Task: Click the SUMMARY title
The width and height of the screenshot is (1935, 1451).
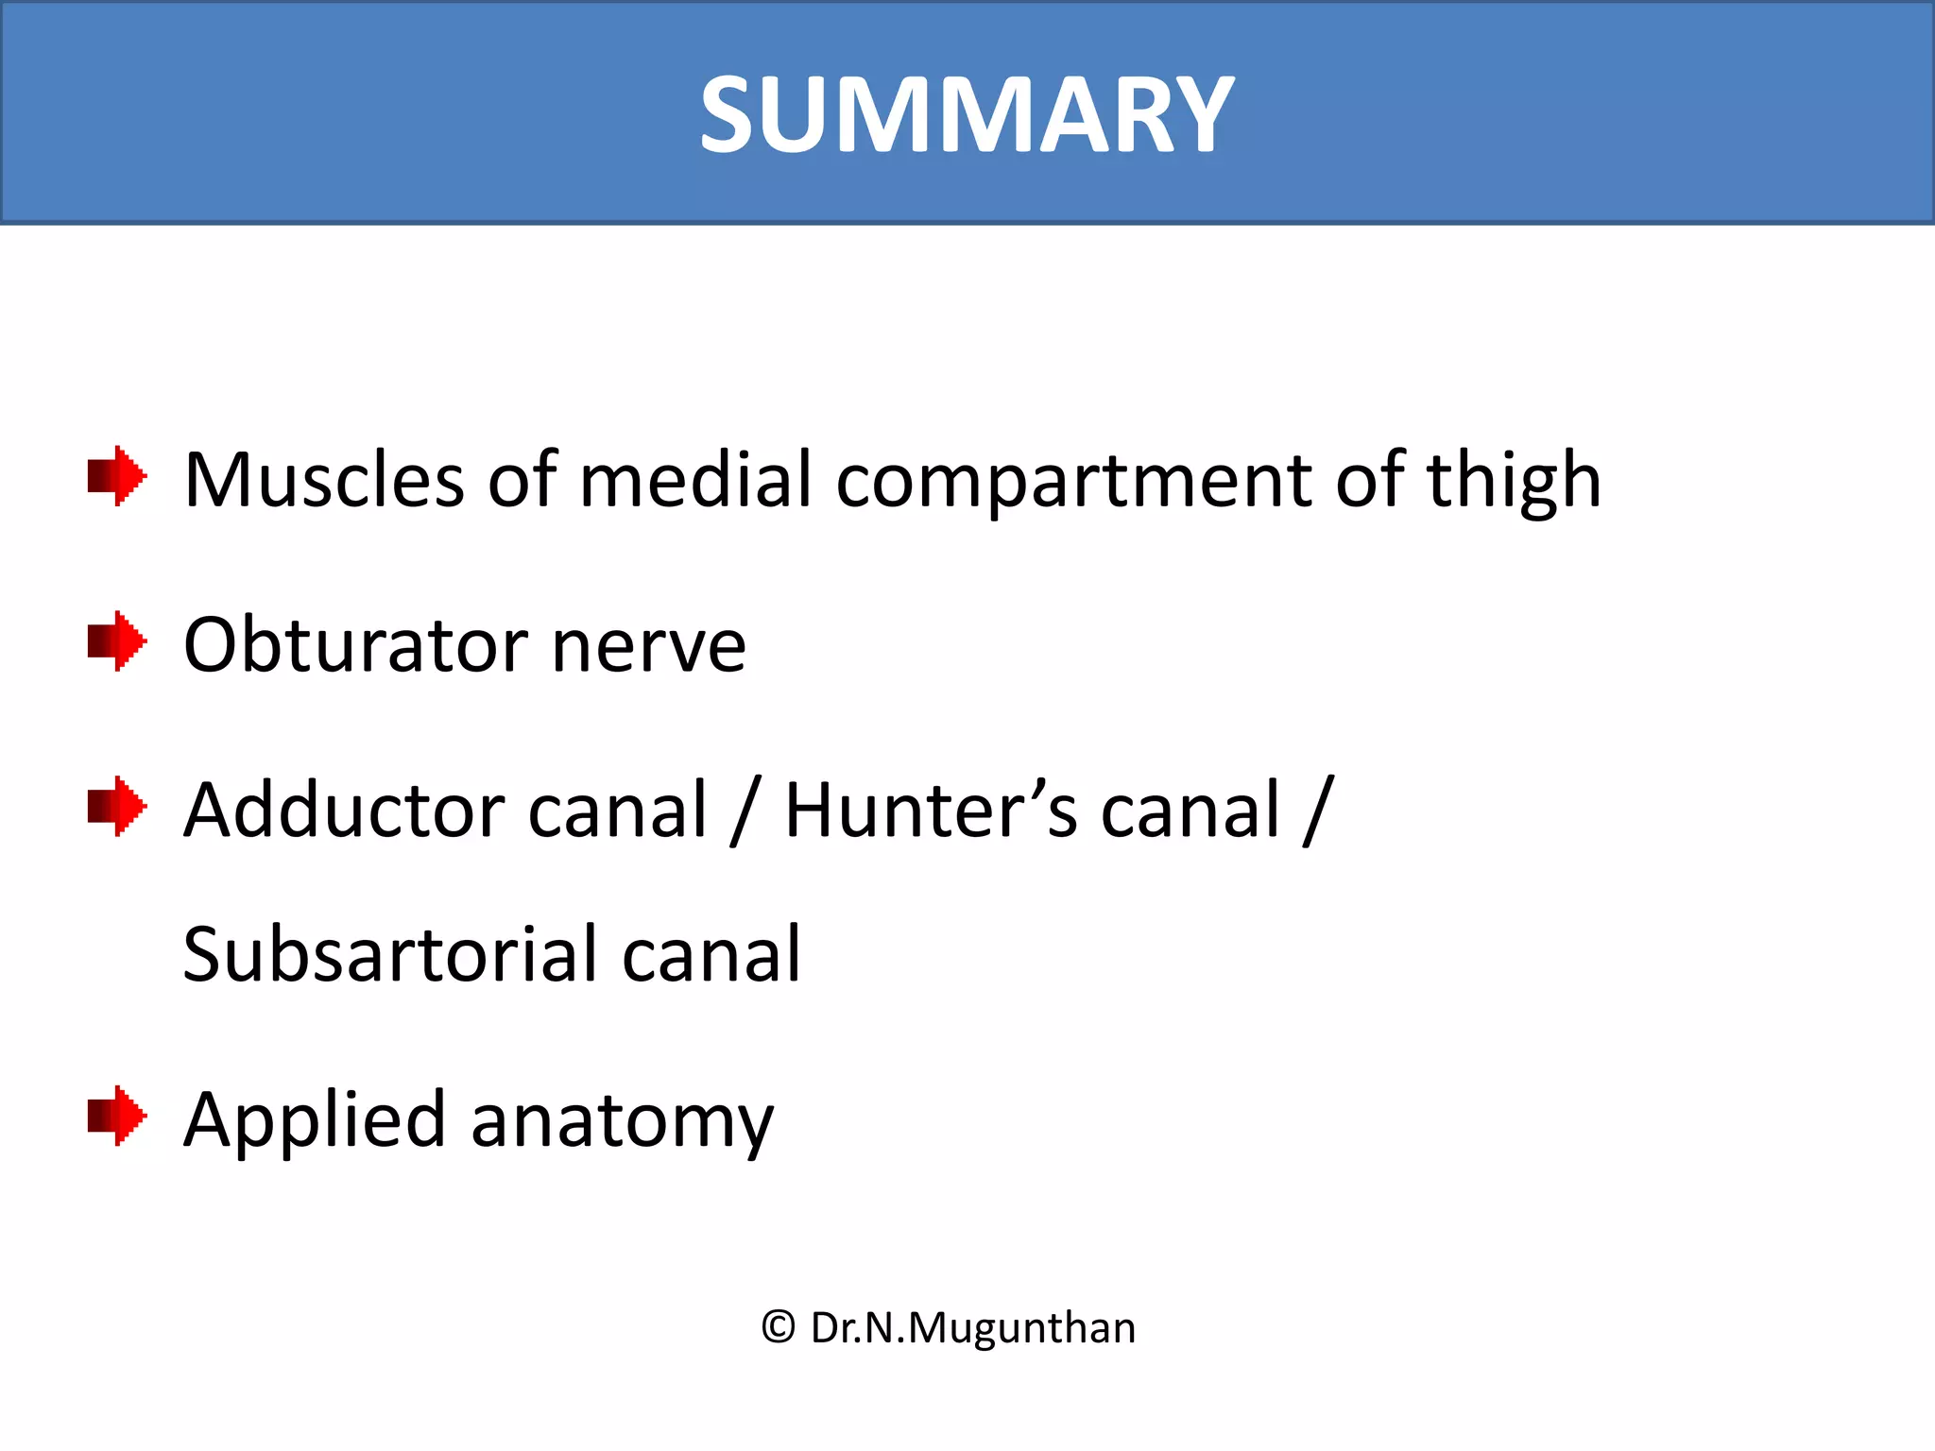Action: tap(967, 115)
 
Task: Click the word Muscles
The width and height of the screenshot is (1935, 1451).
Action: tap(324, 480)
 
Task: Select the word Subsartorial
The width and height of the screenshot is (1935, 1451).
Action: tap(389, 954)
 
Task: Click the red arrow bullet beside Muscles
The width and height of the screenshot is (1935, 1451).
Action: tap(116, 476)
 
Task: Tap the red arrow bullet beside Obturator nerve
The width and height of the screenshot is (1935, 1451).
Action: tap(116, 641)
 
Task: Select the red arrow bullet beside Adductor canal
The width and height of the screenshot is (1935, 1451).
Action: tap(116, 806)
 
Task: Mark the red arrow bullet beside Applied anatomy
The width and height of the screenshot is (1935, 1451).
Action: tap(116, 1116)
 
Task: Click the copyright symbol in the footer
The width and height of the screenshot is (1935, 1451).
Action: tap(779, 1327)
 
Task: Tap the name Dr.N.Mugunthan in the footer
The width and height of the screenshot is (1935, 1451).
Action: tap(973, 1328)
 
